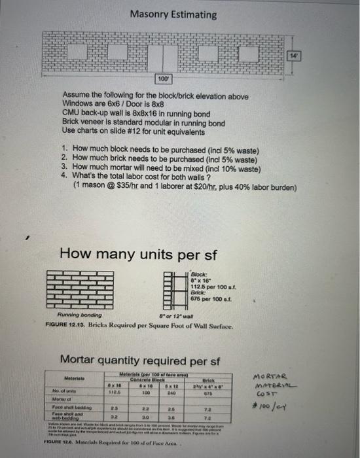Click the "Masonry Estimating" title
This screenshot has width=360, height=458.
click(173, 14)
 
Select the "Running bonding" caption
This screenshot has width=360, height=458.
click(83, 317)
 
